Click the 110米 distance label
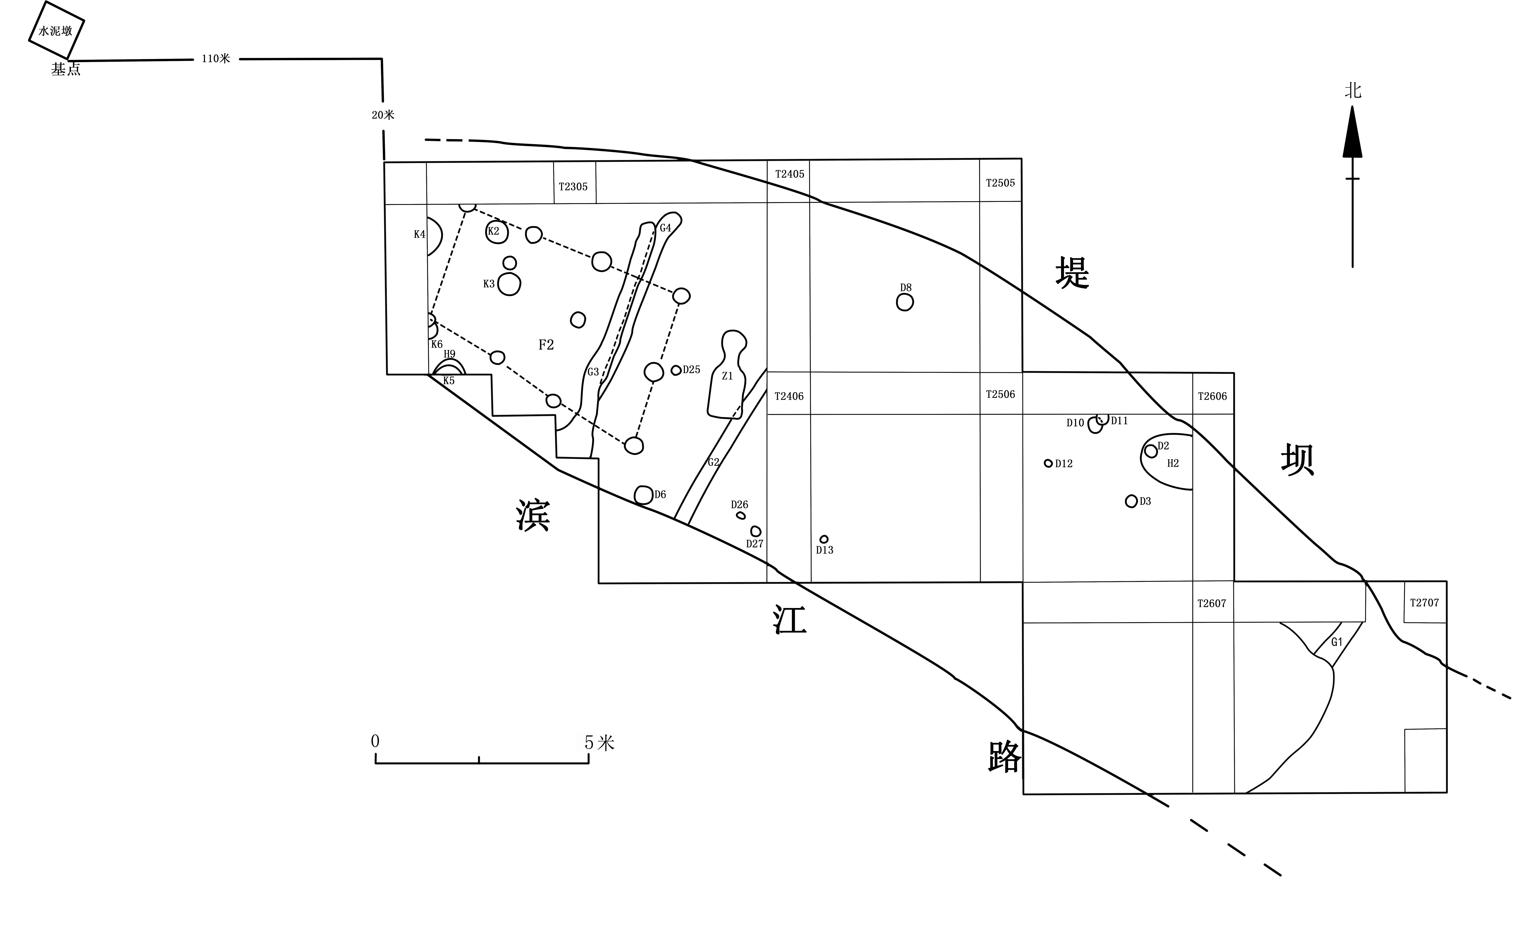(216, 59)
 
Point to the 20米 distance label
(383, 115)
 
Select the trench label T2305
(573, 187)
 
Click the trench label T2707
(1424, 603)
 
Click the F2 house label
(546, 345)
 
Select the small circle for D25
(676, 371)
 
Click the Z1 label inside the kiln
(727, 376)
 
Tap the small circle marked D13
(824, 540)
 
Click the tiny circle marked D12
(1048, 463)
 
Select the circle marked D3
(1131, 501)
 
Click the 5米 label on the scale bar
(599, 743)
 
